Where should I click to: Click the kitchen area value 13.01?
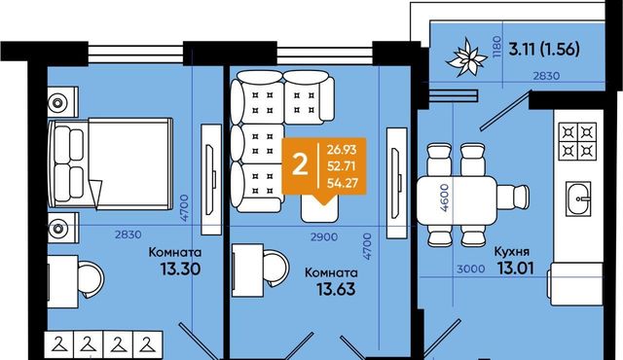tap(515, 269)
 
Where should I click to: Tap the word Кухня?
tap(512, 252)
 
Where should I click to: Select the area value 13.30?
tap(180, 270)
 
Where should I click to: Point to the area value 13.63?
tap(336, 289)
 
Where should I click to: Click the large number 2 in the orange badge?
tap(300, 164)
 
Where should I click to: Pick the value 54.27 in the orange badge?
tap(343, 183)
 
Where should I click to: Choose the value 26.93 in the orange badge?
tap(342, 150)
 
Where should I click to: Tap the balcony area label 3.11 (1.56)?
tap(544, 50)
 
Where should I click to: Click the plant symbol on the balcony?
tap(467, 57)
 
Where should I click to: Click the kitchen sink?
tap(578, 198)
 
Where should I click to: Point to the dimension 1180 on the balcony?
tap(496, 48)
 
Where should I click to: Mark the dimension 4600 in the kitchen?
tap(445, 198)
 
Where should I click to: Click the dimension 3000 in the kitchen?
tap(471, 270)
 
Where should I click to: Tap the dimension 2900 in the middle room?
tap(324, 237)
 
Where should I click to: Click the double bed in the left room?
tap(110, 163)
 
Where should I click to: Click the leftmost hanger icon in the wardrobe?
tap(59, 344)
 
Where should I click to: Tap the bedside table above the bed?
tap(62, 102)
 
